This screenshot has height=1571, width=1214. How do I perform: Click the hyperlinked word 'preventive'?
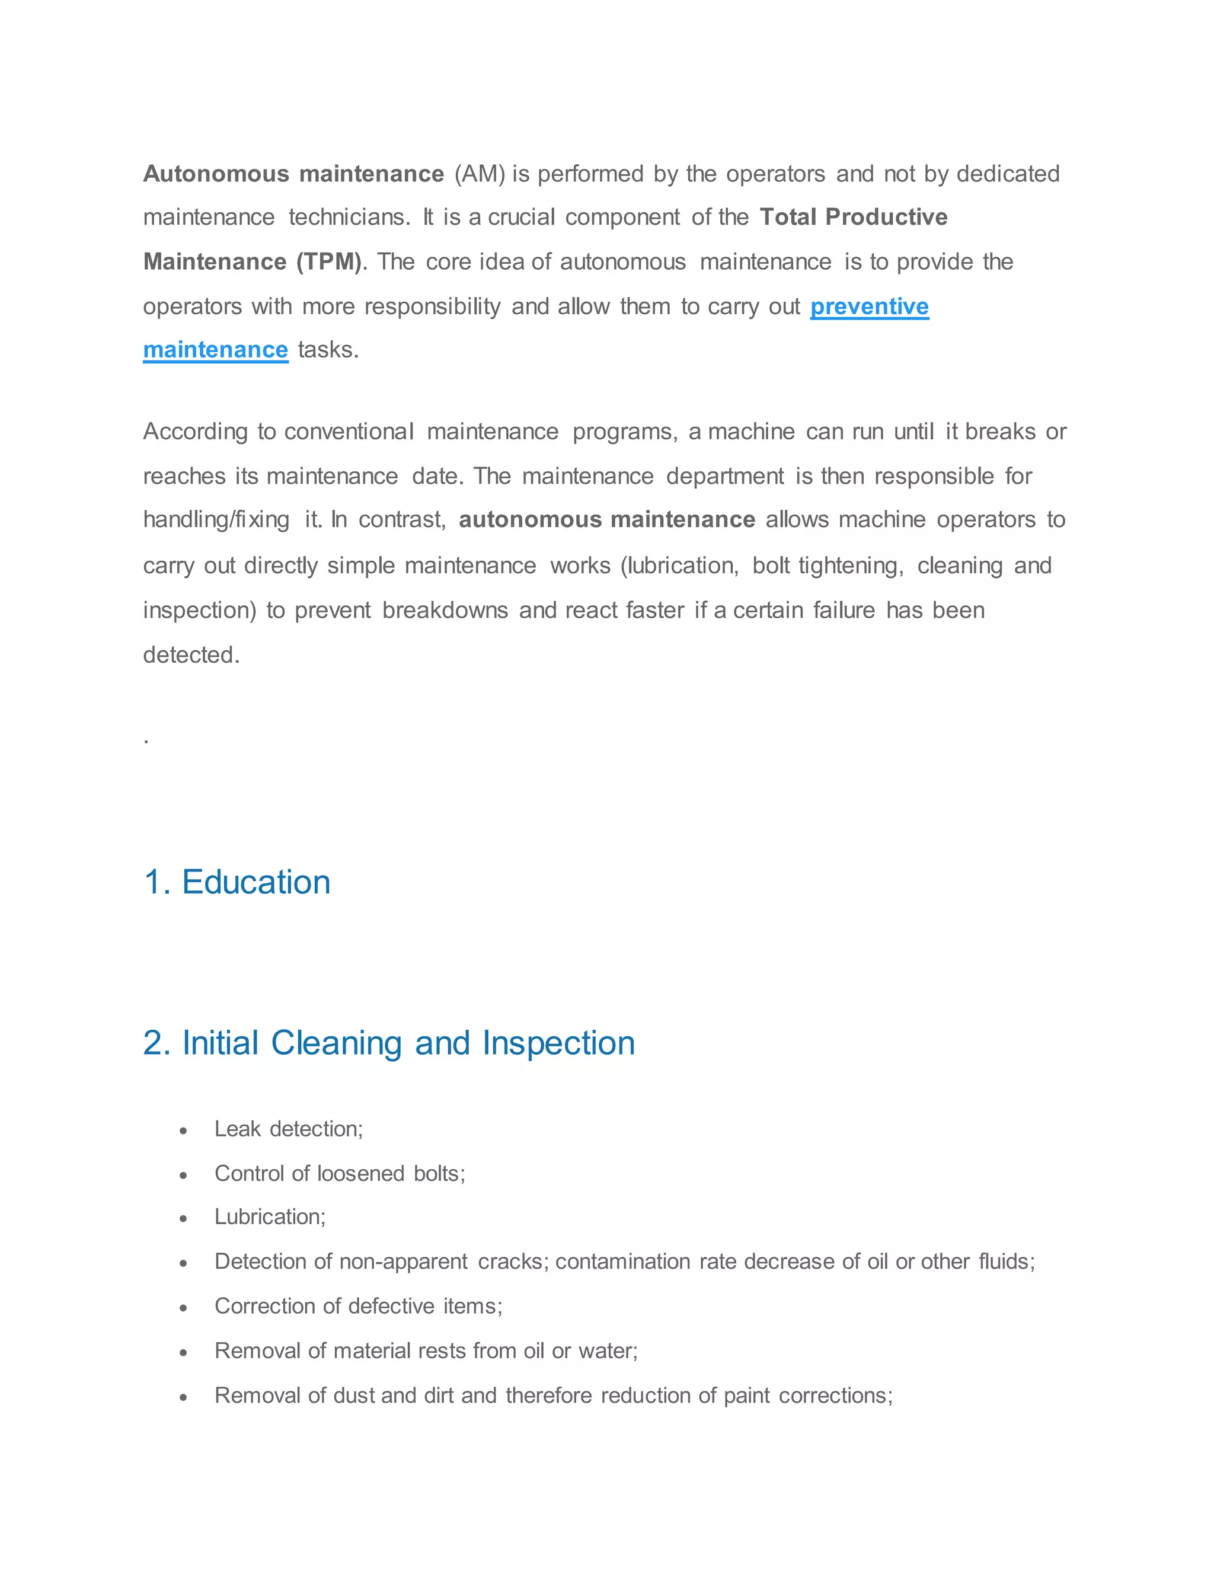[869, 306]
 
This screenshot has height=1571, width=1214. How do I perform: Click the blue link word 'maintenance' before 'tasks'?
[215, 350]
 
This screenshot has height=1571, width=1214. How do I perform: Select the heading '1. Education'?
[237, 882]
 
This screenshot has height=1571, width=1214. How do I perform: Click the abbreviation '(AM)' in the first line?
[480, 174]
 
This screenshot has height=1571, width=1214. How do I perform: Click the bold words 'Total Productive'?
[853, 217]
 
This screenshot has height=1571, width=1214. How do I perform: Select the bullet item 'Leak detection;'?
[289, 1129]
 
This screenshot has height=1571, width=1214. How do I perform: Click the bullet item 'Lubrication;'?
[270, 1217]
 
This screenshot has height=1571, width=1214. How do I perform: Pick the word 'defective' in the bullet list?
[392, 1306]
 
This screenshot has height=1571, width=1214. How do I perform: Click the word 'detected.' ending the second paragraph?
[191, 655]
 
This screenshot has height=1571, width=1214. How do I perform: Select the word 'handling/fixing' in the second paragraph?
[216, 520]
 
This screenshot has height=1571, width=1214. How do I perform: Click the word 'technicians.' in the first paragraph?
[350, 217]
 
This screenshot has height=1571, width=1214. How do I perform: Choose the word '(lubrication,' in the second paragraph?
[680, 566]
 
